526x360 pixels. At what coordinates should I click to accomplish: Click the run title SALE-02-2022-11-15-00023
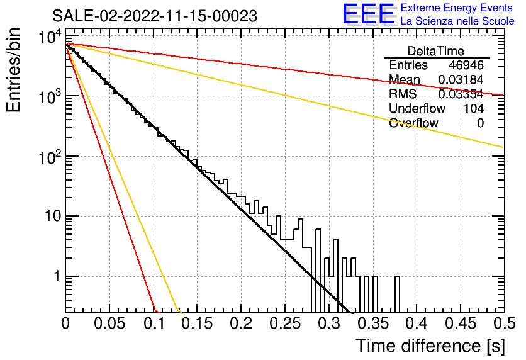pyautogui.click(x=155, y=16)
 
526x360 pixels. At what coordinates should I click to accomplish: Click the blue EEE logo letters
pyautogui.click(x=369, y=14)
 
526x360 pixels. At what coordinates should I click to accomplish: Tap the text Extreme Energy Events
pyautogui.click(x=457, y=8)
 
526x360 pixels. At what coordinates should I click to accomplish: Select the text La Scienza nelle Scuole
pyautogui.click(x=457, y=21)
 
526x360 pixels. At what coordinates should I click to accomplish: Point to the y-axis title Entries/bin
pyautogui.click(x=13, y=70)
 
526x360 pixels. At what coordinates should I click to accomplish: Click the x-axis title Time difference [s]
pyautogui.click(x=430, y=346)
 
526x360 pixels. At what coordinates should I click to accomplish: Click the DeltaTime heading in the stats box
pyautogui.click(x=436, y=51)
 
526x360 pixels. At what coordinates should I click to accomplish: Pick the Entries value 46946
pyautogui.click(x=466, y=65)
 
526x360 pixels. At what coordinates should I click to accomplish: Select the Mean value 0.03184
pyautogui.click(x=461, y=79)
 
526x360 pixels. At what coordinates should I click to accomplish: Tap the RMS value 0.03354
pyautogui.click(x=461, y=94)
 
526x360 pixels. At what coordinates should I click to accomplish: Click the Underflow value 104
pyautogui.click(x=474, y=108)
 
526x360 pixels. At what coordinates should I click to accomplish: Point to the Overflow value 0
pyautogui.click(x=480, y=123)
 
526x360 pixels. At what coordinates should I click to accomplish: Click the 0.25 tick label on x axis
pyautogui.click(x=285, y=323)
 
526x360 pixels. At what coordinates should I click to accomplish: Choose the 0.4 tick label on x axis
pyautogui.click(x=417, y=323)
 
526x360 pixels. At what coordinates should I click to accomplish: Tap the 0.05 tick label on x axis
pyautogui.click(x=109, y=323)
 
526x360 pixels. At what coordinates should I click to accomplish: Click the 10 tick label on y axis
pyautogui.click(x=53, y=216)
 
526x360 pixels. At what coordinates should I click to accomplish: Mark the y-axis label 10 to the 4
pyautogui.click(x=50, y=36)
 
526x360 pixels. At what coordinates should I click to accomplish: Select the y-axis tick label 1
pyautogui.click(x=57, y=276)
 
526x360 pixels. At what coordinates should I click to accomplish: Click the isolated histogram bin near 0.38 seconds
pyautogui.click(x=397, y=295)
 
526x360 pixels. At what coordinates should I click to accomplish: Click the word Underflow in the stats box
pyautogui.click(x=417, y=108)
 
